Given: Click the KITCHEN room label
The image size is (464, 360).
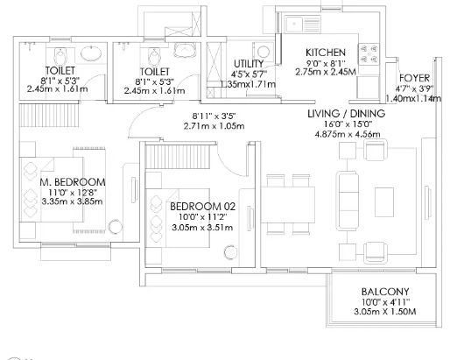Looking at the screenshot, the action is point(326,53).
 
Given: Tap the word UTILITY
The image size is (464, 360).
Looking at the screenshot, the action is point(249,64).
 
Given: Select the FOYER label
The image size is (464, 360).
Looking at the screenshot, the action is point(414,78).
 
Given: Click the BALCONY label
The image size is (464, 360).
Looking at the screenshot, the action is point(385,292).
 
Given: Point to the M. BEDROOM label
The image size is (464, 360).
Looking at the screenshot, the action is point(73,182).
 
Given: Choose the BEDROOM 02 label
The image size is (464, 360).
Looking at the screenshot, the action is point(203,207).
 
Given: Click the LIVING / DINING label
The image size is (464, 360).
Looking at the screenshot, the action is point(347,113).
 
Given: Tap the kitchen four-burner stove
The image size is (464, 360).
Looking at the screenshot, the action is point(369,54).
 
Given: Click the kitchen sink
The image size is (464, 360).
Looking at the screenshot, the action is point(303,24).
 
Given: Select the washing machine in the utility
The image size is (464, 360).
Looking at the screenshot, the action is point(263,52).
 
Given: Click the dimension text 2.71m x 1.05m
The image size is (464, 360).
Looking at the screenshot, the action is point(214,126).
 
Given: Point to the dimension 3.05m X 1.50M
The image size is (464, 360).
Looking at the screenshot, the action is point(385,312).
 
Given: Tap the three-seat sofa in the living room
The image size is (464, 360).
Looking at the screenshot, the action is point(348,201).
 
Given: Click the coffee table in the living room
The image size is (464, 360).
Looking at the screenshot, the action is point(384,202).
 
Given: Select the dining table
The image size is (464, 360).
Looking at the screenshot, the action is point(288,204).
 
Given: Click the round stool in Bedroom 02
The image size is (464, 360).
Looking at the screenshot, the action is point(231,252).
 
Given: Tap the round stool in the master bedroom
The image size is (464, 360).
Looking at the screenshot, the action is point(115,227).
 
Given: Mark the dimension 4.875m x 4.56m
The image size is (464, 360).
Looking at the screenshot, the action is point(348,134).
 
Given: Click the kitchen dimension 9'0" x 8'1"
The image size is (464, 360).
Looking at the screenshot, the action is point(326,63).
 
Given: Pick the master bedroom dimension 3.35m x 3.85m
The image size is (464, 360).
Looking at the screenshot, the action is point(72,201).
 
